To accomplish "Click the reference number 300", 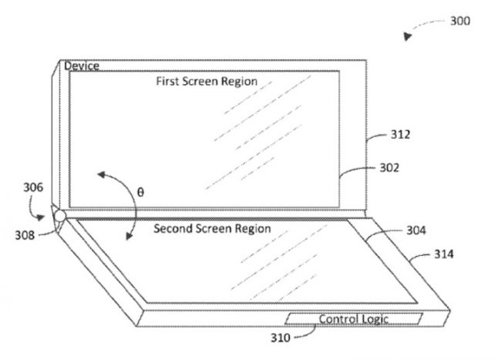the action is [460, 21].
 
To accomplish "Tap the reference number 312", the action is [400, 134].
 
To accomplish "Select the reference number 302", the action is [389, 168].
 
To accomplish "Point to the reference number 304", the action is [416, 230].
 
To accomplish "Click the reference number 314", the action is [444, 254].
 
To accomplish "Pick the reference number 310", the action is [281, 338].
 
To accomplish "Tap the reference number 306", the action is [33, 187].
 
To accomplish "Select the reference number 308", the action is [25, 235].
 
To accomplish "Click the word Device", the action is [82, 66].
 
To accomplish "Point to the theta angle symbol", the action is [140, 192].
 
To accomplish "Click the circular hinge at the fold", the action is [59, 217].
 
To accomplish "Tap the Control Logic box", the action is [354, 319].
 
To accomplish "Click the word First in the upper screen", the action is [164, 81].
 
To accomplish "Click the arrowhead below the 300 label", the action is [407, 36].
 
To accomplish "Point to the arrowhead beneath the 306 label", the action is [40, 217].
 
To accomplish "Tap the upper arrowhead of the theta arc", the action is [102, 175].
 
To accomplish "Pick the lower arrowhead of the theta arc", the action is [129, 236].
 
